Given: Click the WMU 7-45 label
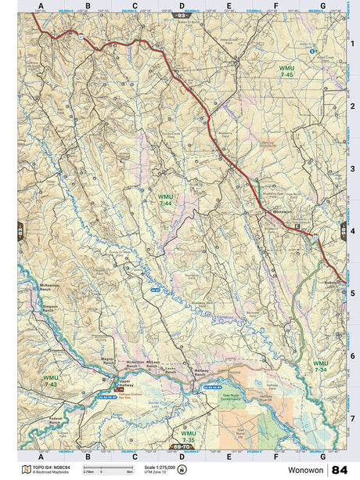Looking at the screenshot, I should click(x=286, y=71).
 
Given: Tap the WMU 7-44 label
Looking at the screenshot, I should click(x=165, y=200).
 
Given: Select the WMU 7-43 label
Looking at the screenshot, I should click(x=51, y=381).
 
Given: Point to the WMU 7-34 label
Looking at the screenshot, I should click(x=320, y=366).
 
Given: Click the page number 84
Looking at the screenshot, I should click(x=340, y=469).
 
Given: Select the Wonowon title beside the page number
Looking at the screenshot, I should click(x=308, y=470).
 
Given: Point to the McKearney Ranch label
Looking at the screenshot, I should click(x=40, y=287).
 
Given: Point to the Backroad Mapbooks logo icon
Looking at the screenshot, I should click(x=27, y=469).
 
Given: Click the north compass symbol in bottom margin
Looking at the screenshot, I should click(x=182, y=469).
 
